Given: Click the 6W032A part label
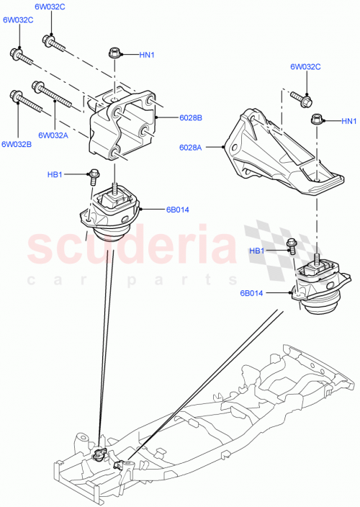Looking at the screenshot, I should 53,135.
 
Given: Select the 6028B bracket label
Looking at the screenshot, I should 171,117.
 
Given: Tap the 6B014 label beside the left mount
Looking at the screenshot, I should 177,210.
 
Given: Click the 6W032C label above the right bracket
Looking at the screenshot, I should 306,67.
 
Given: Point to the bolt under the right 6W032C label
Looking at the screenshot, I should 301,96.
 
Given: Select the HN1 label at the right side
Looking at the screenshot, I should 348,120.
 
